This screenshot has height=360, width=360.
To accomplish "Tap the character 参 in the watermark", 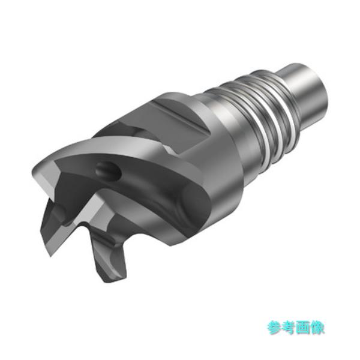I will tap(274, 328).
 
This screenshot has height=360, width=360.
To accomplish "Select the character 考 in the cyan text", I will tap(288, 328).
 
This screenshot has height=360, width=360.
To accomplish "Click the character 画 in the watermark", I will tap(302, 328).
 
